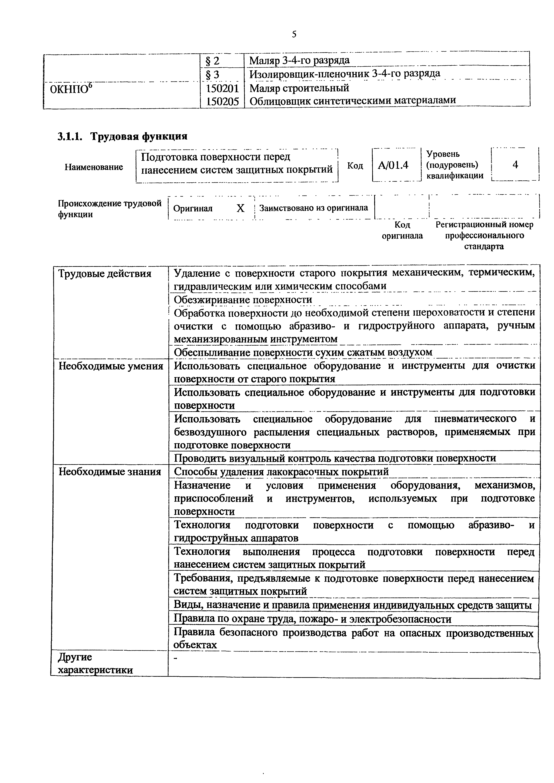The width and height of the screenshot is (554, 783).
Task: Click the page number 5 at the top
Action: (x=294, y=34)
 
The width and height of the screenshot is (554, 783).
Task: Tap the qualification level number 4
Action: (x=515, y=165)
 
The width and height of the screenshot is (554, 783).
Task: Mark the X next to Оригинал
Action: (x=241, y=208)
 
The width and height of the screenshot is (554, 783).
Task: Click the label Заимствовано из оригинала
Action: (x=313, y=208)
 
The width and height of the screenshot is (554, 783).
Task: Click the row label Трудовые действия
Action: (x=105, y=274)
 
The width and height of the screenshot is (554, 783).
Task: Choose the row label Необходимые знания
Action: (x=110, y=472)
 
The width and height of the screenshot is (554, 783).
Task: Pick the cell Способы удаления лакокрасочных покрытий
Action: (x=281, y=472)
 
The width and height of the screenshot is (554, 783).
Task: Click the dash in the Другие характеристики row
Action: (x=176, y=659)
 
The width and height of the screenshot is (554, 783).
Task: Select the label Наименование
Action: (x=94, y=167)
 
